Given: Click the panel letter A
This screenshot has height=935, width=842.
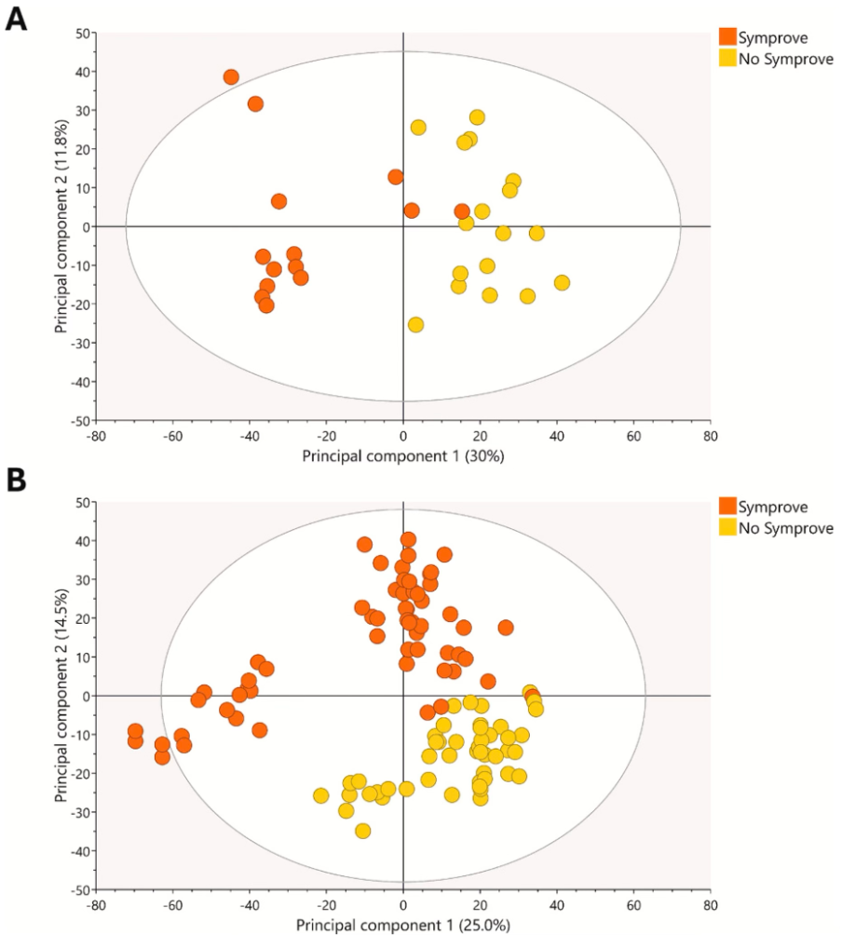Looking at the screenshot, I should [x=17, y=20].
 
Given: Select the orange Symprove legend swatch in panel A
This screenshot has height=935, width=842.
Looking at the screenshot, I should [x=727, y=37].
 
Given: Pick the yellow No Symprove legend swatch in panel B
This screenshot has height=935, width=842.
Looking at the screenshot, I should [x=727, y=528].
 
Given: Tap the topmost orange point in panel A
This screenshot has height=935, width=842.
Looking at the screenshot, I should [x=231, y=77].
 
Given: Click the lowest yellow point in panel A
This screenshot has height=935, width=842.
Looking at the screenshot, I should [x=415, y=325].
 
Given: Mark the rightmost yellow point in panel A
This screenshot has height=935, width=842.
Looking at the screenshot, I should [x=562, y=283].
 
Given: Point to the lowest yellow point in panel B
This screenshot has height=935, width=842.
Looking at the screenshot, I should [x=363, y=831].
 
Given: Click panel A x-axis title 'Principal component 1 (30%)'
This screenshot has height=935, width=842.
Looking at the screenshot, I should [x=402, y=455].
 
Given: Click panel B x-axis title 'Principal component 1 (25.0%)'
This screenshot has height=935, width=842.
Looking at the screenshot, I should [x=402, y=926].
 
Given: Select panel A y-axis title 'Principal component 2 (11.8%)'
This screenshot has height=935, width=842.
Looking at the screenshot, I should [x=61, y=226].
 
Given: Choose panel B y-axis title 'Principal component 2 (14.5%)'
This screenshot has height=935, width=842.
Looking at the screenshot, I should [x=61, y=696].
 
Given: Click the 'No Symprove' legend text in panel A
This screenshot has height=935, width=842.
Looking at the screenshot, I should [x=786, y=59].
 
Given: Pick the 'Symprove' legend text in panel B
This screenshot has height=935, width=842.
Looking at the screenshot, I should [x=773, y=508].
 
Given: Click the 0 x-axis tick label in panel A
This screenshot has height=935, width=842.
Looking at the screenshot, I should [x=403, y=434].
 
